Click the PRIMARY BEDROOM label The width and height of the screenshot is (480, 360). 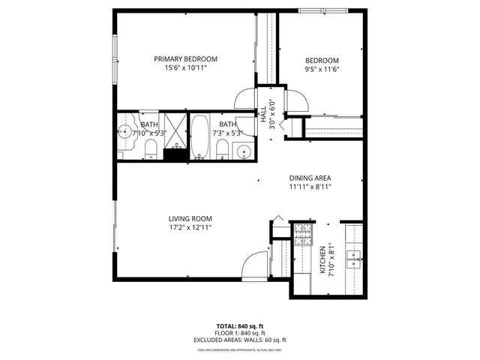[x=185, y=59]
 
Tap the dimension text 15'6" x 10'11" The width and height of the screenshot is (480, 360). [x=185, y=68]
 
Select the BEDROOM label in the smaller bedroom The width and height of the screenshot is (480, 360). [x=322, y=61]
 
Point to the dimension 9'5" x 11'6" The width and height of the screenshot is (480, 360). [x=322, y=70]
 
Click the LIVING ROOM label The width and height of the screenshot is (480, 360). [x=190, y=219]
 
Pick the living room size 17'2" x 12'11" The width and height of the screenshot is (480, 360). [x=190, y=228]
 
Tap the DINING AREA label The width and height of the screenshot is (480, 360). [x=310, y=178]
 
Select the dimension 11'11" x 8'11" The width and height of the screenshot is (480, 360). [x=310, y=187]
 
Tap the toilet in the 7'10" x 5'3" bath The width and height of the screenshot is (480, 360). [x=150, y=148]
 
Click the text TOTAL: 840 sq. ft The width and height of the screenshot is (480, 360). [x=240, y=326]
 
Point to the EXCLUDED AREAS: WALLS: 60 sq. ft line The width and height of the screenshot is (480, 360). [x=240, y=340]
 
